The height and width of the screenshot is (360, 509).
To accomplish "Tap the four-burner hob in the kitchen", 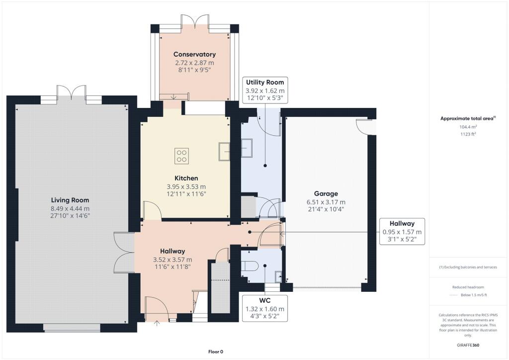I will (x=181, y=156).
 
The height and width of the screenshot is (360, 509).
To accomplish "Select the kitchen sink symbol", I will (x=224, y=151).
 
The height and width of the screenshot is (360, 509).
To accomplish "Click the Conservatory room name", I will (x=194, y=54).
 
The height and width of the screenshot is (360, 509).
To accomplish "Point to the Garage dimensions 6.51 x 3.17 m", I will (x=326, y=202).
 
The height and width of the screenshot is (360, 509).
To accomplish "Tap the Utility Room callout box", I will (x=265, y=90).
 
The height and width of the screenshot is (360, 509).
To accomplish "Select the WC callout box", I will (x=264, y=308).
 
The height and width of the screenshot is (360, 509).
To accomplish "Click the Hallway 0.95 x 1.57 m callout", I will (x=402, y=232).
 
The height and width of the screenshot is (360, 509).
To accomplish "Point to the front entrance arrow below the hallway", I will (x=158, y=323).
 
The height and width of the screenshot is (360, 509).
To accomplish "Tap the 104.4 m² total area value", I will (x=468, y=127).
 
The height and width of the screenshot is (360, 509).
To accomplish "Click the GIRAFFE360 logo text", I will (x=468, y=345).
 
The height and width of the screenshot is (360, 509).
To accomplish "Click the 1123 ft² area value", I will (x=468, y=134).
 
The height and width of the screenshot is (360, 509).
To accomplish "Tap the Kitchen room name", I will (x=186, y=178).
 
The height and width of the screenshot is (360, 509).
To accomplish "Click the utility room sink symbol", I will (x=247, y=147).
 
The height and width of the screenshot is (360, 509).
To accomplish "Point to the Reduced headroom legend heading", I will (x=468, y=287).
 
